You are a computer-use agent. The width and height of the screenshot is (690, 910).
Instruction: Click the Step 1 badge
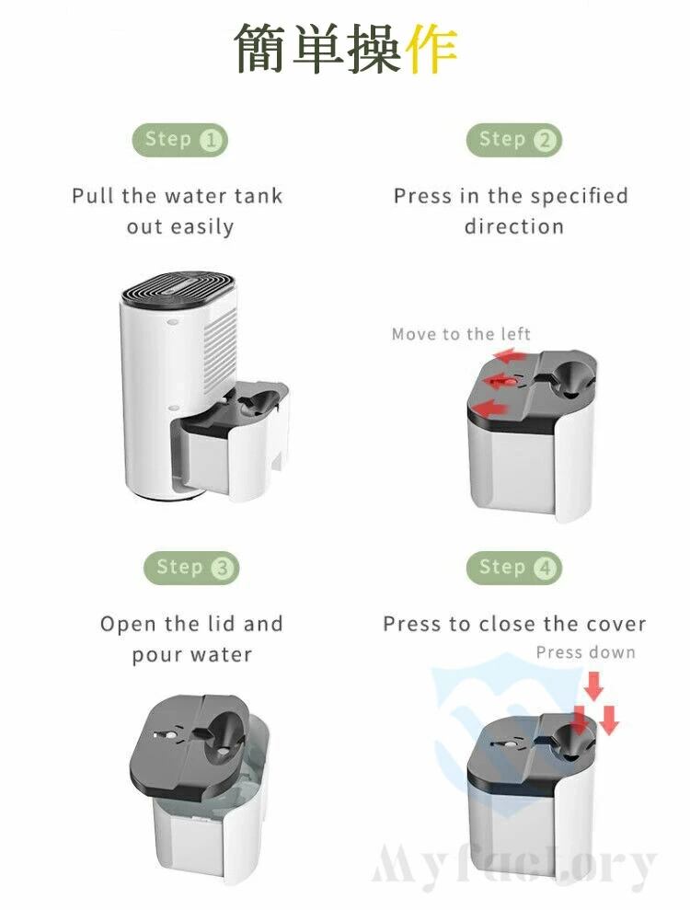pos(180,140)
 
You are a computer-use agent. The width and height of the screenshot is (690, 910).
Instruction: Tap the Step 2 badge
pos(514,140)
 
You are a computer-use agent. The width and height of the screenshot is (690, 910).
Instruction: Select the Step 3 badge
pos(191,568)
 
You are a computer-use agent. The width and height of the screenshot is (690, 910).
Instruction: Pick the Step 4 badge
pos(514,568)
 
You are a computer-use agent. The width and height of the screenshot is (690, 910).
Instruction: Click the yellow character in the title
pos(431,49)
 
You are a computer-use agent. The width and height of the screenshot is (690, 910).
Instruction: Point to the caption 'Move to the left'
pos(461,334)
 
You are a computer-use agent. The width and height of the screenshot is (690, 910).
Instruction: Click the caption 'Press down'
pos(585,652)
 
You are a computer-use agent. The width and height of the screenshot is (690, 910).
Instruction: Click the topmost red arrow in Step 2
pos(512,355)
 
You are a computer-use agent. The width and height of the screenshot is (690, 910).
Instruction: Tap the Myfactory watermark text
pos(513,869)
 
